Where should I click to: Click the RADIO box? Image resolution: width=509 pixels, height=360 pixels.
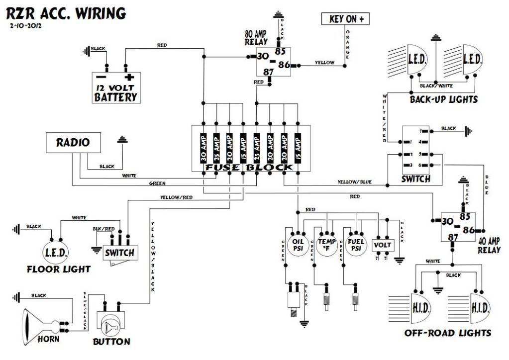[x=73, y=143]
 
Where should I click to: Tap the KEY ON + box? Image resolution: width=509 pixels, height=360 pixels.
[x=346, y=19]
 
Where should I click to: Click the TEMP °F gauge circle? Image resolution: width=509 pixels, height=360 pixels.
[x=327, y=245]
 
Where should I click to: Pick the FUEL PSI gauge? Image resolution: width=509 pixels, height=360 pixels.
[x=356, y=245]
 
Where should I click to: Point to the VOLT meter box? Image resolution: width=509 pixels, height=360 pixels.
[x=383, y=245]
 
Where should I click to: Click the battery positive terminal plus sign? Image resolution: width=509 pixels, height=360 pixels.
[x=130, y=77]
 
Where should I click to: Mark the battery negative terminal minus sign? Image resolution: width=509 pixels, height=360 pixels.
[x=101, y=77]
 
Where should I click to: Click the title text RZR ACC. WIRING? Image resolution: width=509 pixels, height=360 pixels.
[x=66, y=13]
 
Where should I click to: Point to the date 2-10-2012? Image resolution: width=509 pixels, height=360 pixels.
[x=24, y=25]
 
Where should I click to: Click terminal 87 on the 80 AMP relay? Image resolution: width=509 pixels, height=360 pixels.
[x=268, y=72]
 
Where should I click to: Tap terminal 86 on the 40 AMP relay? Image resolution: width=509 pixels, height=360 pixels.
[x=468, y=230]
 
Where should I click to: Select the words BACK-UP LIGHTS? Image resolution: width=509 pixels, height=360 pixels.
[x=443, y=99]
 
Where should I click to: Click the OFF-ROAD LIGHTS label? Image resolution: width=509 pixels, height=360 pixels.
[x=447, y=333]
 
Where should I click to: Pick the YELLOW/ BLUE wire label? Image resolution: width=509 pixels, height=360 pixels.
[x=354, y=182]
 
